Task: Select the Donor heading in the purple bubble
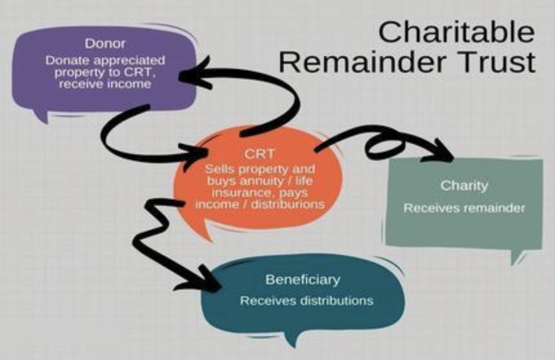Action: coord(100,43)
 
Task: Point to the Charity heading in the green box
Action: coord(464,186)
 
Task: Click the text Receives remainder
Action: coord(464,208)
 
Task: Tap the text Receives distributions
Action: coord(306,301)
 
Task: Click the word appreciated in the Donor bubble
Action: coord(129,60)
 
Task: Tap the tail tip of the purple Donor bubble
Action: coord(45,121)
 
